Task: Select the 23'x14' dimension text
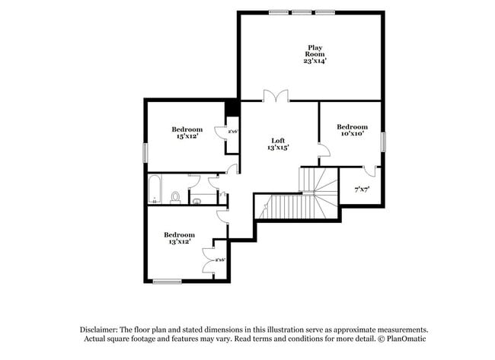[315, 60]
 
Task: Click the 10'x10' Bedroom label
[352, 126]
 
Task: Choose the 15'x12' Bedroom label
[187, 129]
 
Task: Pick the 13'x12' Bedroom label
[179, 235]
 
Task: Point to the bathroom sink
[196, 201]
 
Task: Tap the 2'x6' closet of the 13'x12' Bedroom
[220, 260]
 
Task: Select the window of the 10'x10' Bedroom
[383, 142]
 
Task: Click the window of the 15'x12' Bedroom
[145, 151]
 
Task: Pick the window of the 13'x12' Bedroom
[167, 282]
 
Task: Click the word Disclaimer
[103, 329]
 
